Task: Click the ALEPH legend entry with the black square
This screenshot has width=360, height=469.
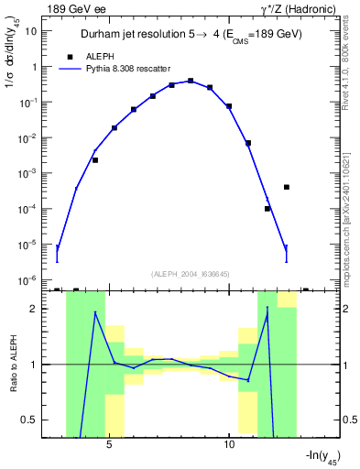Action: coord(97,56)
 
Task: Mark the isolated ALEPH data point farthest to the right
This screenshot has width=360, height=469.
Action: coord(287,187)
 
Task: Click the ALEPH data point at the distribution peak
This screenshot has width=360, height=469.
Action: coord(191,81)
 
